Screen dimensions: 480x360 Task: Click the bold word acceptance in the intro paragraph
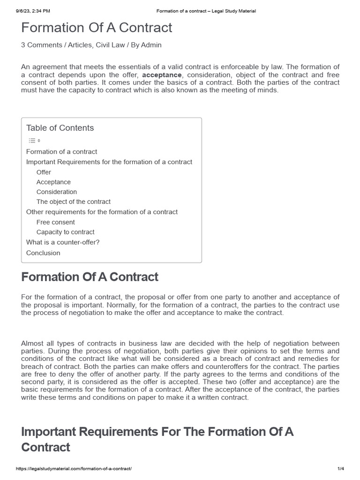click(x=162, y=75)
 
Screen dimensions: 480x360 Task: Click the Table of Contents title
click(x=60, y=128)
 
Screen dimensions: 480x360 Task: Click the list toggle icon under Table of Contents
click(x=34, y=140)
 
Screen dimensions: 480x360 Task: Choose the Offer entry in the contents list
click(x=44, y=172)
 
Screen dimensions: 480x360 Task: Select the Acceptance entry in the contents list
click(x=53, y=182)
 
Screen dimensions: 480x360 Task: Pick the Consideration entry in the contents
click(x=57, y=192)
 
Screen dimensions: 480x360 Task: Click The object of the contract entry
click(x=74, y=202)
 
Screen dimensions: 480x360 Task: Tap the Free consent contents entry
click(x=55, y=222)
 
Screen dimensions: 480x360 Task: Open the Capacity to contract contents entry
click(x=65, y=232)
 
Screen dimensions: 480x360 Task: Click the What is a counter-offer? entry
click(x=63, y=242)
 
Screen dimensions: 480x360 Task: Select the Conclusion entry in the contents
click(x=43, y=253)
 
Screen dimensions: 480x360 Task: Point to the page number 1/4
click(x=340, y=469)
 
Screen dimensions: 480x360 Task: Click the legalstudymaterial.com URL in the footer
click(x=74, y=469)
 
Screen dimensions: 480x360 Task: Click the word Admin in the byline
click(x=152, y=45)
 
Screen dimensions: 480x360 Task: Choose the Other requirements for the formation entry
click(x=102, y=212)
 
